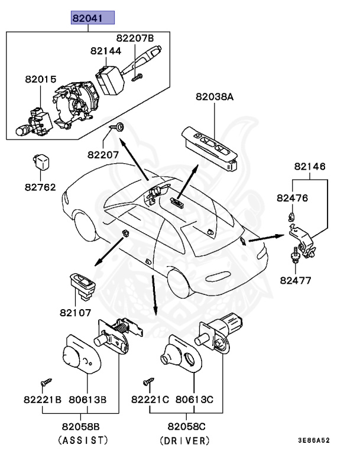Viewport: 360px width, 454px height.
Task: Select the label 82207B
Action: pos(135,38)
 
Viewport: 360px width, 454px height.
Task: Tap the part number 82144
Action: pos(106,51)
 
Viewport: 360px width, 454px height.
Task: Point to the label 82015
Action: pos(40,79)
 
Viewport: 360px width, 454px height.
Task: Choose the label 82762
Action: pos(40,187)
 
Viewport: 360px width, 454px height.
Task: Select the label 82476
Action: pos(293,198)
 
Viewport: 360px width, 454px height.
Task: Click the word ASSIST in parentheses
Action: pos(83,440)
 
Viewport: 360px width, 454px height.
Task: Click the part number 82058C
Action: pos(185,426)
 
